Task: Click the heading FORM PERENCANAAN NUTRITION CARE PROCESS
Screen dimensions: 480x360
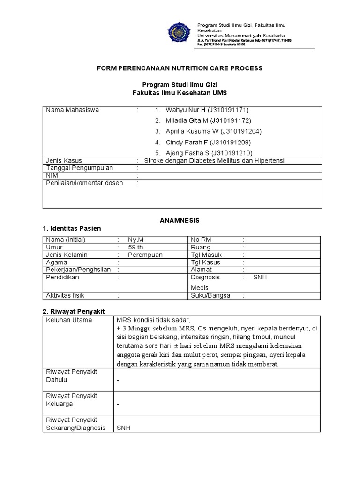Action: [180, 68]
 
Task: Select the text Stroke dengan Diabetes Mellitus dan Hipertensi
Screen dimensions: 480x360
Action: [214, 161]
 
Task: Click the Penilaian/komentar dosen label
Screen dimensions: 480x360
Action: [84, 183]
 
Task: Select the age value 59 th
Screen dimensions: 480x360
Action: [136, 247]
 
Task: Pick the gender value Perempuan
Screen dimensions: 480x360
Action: [145, 255]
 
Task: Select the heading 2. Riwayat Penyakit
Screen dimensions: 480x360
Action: [74, 311]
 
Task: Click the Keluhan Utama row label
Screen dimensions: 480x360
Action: [68, 320]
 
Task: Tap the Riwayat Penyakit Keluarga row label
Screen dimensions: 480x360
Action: [71, 399]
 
